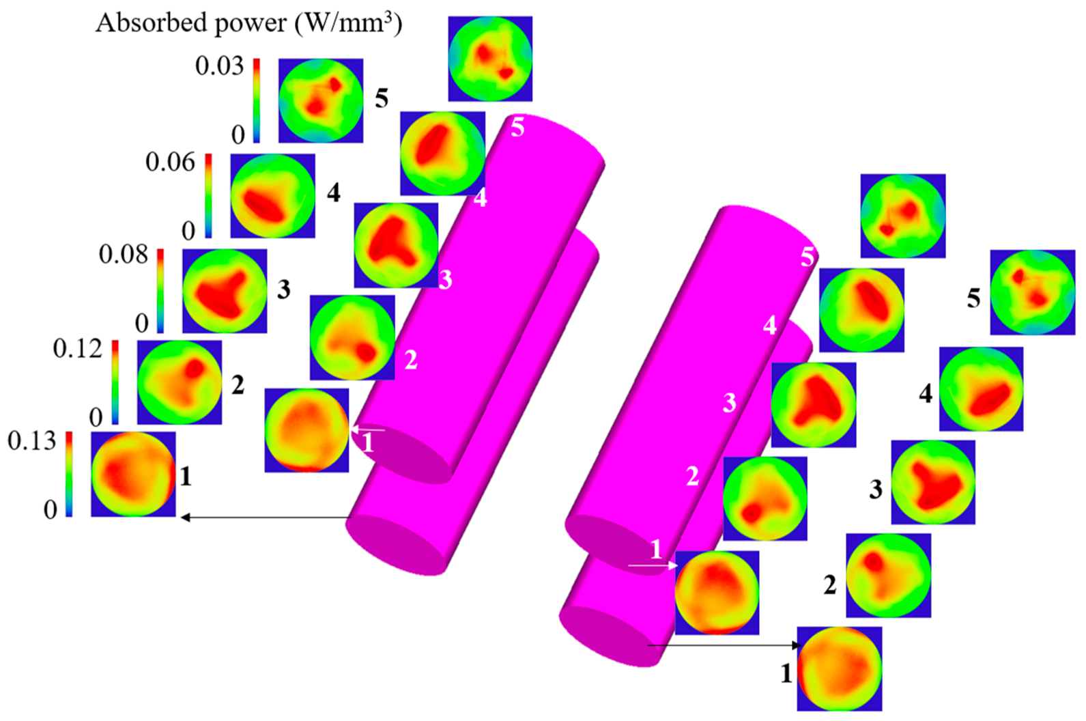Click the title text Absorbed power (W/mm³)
coord(248,23)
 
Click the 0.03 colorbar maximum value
coord(219,66)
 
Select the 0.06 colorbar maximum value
coord(170,162)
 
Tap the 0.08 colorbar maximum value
coord(124,254)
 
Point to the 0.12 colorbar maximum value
coord(77,349)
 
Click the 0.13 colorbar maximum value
coord(31,440)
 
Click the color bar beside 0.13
coord(69,473)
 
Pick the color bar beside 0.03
coord(257,100)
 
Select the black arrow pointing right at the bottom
coord(724,645)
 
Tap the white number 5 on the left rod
coord(517,128)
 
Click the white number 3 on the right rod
coord(730,403)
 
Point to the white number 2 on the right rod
coord(692,476)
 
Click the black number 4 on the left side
coord(333,193)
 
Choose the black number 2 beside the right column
coord(830,584)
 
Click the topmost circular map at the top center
coord(490,59)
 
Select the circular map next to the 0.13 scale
coord(133,474)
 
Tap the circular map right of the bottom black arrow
coord(840,668)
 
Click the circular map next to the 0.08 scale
coord(225,291)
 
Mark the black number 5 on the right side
coord(974,298)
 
